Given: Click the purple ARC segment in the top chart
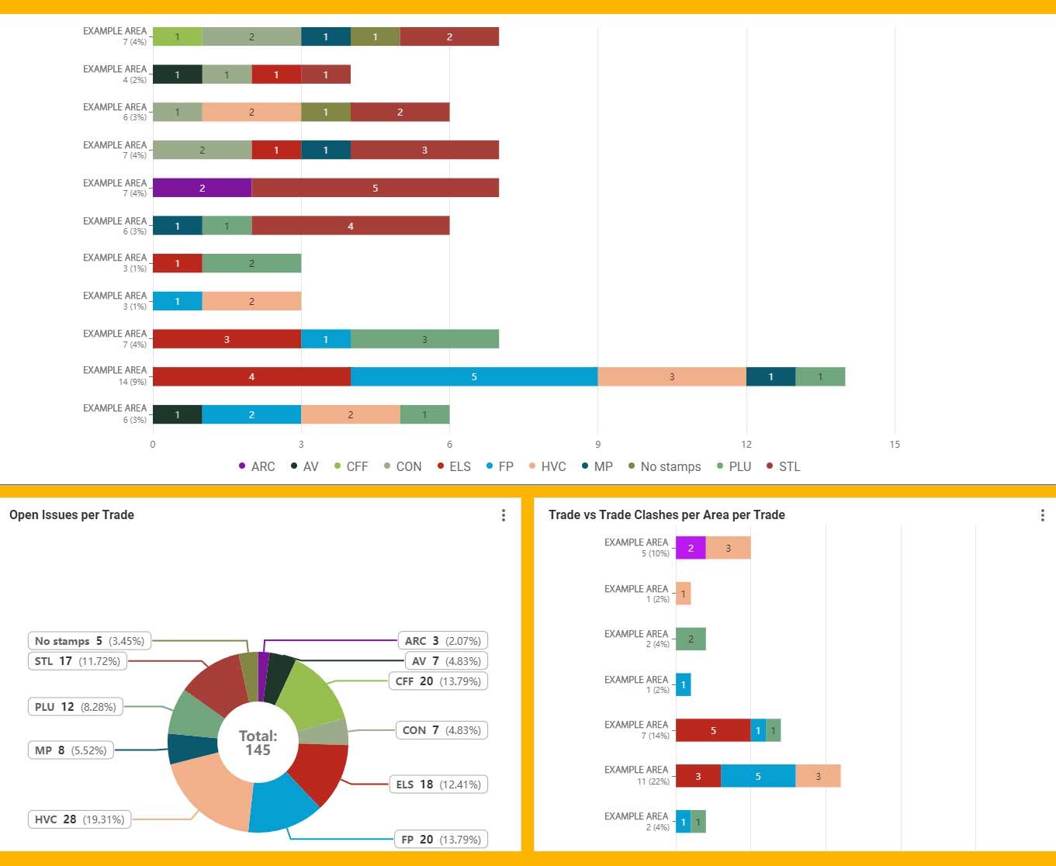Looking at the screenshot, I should coord(202,188).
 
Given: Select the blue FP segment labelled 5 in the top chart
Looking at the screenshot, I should coord(473,376).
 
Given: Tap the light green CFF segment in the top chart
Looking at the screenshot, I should coord(177,36).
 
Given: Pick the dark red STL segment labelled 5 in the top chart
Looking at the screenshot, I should coord(375,188).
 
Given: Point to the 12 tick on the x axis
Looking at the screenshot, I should coord(746,445).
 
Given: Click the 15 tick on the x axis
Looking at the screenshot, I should coord(895,445).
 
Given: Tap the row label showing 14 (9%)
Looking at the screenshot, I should coord(116,376).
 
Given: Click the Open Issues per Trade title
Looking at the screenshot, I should coord(71,514).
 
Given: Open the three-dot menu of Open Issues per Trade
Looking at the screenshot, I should coord(504,515).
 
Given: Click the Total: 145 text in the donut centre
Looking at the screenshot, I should coord(258,743).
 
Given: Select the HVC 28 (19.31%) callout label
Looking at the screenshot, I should coord(79,819).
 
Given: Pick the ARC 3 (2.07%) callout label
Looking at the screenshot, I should coord(442,641).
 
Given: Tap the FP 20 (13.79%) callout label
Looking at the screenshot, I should coord(441,840).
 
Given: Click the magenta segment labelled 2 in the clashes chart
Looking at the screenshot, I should coord(691,548).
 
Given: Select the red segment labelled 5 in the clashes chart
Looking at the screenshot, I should coord(713,730).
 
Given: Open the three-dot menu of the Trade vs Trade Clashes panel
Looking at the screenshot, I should coord(1043,515).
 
